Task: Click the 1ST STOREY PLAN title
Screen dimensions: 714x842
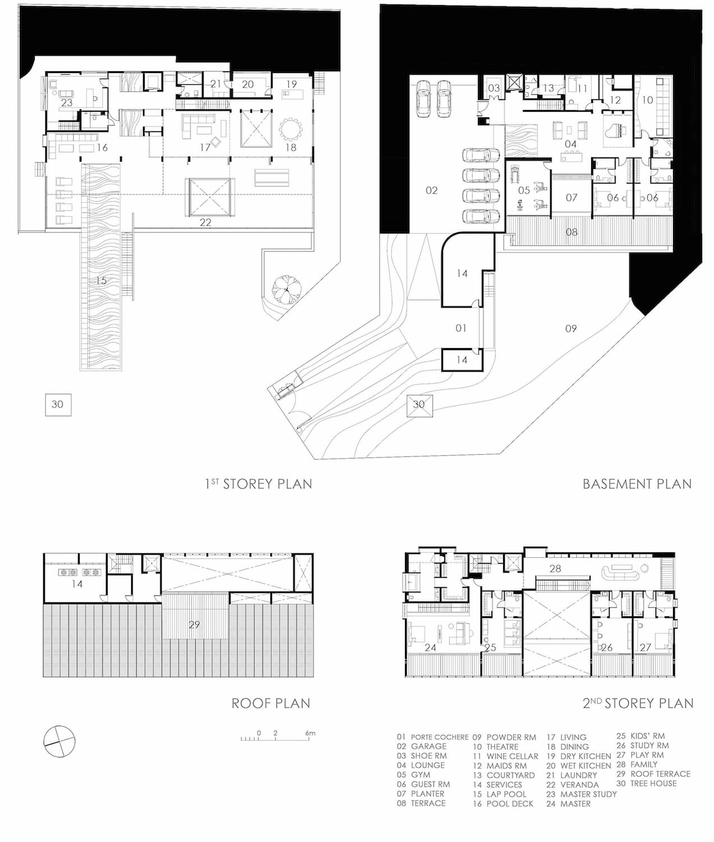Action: pyautogui.click(x=259, y=484)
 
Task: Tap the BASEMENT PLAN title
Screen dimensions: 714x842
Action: pyautogui.click(x=637, y=484)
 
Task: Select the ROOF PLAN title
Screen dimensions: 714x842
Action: pyautogui.click(x=271, y=703)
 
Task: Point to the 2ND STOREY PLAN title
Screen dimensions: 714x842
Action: pyautogui.click(x=638, y=703)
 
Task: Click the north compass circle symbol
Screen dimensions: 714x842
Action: pyautogui.click(x=59, y=742)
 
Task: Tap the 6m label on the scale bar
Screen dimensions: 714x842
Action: pyautogui.click(x=310, y=733)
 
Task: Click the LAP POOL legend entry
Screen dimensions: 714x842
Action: pyautogui.click(x=500, y=794)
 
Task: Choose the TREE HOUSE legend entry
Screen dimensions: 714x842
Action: pyautogui.click(x=647, y=784)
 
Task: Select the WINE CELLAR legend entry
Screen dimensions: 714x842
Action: pyautogui.click(x=505, y=757)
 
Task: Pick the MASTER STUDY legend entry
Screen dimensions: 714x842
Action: pyautogui.click(x=581, y=794)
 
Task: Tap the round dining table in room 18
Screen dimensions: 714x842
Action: pyautogui.click(x=291, y=130)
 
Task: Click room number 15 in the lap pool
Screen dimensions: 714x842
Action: pyautogui.click(x=101, y=281)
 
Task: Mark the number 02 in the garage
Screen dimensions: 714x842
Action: pyautogui.click(x=431, y=190)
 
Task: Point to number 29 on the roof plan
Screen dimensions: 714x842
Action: pyautogui.click(x=194, y=624)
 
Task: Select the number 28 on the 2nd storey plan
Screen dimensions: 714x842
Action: pyautogui.click(x=555, y=569)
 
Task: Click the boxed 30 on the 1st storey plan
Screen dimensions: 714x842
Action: pyautogui.click(x=58, y=405)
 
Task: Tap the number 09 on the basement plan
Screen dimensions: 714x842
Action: pyautogui.click(x=571, y=328)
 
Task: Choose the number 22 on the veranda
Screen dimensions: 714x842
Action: pyautogui.click(x=205, y=222)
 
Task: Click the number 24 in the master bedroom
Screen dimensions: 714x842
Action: pyautogui.click(x=430, y=648)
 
